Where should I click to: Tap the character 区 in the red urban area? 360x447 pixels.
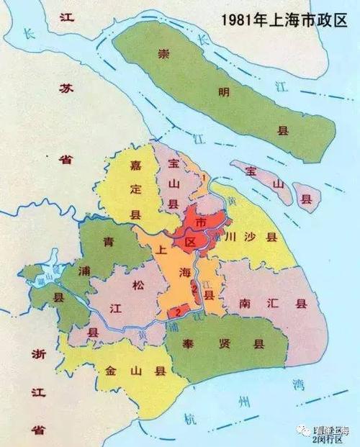pyautogui.click(x=191, y=241)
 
